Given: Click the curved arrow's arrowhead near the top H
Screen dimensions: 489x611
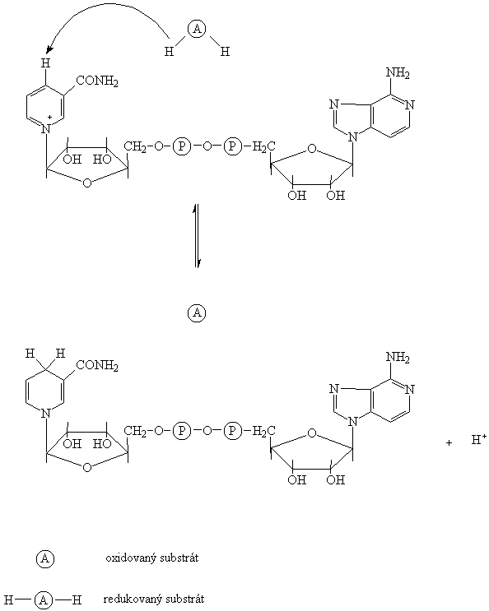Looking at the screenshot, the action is coord(49,49).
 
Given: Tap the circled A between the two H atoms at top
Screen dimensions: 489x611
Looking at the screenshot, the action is coord(197,30).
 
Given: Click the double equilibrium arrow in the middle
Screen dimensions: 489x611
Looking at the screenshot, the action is coord(197,235).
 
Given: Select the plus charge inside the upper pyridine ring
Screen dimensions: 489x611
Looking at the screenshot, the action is coord(50,118).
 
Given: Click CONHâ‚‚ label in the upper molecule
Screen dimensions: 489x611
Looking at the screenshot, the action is coord(97,81).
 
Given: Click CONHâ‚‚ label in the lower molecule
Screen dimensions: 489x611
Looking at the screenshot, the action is coord(97,365).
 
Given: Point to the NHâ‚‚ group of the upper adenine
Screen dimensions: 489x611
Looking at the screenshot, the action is coord(398,73).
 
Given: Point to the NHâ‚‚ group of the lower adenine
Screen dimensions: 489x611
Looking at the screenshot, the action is coord(398,357).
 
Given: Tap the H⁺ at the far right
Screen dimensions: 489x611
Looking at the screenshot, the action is coord(479,440).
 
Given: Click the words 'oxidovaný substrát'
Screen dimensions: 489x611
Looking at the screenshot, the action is coord(152,558).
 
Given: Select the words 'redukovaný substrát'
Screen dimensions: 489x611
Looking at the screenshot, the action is coord(154,599).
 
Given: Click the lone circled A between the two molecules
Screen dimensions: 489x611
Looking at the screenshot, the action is coord(197,313).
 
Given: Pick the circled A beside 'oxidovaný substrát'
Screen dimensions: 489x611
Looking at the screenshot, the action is coord(45,559).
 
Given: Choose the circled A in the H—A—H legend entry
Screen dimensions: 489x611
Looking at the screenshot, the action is coord(43,600).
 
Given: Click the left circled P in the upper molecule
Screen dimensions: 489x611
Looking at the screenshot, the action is coord(182,146).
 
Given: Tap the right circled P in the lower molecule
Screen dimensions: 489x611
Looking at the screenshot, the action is coord(232,431).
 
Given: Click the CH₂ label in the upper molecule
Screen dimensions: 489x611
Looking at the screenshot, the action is coord(135,147).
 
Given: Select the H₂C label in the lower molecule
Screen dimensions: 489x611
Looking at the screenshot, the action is coord(263,431).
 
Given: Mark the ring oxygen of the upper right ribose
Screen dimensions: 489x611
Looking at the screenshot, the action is coord(311,149).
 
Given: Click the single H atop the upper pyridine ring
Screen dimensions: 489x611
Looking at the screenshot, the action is coord(45,62).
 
